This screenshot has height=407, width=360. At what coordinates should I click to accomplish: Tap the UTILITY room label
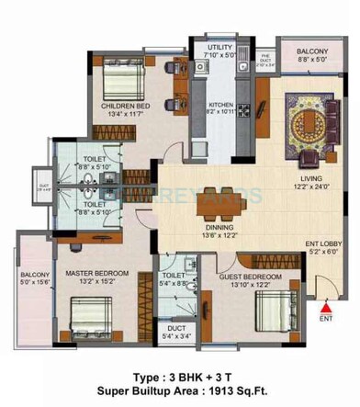(x=220, y=46)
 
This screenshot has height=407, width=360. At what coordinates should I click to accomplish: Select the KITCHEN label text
(x=220, y=106)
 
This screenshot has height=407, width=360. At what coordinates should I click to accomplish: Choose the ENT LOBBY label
(x=324, y=243)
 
